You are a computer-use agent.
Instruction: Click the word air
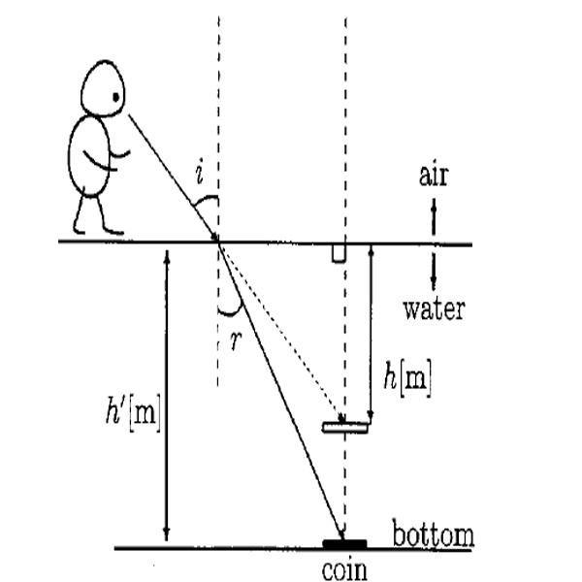[x=434, y=177]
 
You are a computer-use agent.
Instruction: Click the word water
[x=434, y=309]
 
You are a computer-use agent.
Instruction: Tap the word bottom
[x=433, y=534]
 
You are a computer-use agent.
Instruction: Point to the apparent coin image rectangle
[x=346, y=426]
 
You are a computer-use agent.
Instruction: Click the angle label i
[x=198, y=175]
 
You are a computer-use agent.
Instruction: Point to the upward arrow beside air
[x=434, y=210]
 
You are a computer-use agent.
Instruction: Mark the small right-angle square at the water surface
[x=339, y=252]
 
